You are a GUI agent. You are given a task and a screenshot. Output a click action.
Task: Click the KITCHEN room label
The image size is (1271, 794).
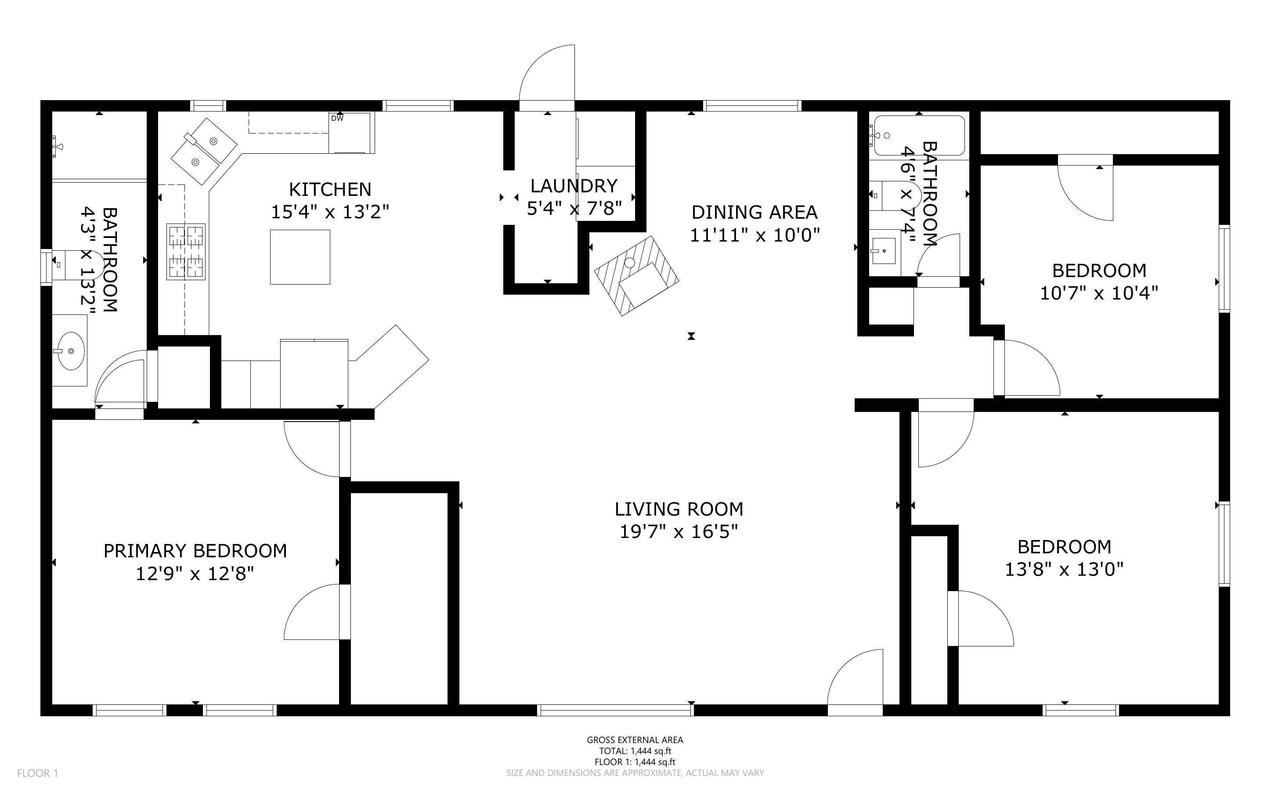[330, 189]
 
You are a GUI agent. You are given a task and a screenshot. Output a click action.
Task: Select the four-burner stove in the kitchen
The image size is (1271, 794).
[186, 252]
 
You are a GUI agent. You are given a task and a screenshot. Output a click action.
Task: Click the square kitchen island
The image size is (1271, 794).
[300, 257]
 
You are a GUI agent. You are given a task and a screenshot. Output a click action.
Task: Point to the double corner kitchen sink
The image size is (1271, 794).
[204, 151]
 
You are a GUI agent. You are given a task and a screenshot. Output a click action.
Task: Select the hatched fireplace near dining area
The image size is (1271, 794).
[636, 275]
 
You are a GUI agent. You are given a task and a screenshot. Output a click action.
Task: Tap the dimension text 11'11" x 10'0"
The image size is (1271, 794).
[755, 235]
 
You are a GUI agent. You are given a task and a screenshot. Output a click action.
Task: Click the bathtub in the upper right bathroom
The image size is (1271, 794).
[919, 136]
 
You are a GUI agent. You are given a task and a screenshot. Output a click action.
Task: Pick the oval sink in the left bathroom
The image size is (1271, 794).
[69, 350]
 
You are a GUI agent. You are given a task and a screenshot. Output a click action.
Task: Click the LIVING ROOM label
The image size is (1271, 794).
[679, 509]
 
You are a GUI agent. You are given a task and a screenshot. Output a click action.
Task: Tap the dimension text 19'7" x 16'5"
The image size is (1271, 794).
[679, 532]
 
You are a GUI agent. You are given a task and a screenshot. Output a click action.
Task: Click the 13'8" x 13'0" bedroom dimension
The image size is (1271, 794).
[1064, 569]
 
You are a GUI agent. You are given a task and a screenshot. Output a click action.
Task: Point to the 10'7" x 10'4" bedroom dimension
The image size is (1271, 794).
[1099, 293]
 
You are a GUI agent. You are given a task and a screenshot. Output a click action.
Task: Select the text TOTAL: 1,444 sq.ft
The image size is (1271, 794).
[635, 751]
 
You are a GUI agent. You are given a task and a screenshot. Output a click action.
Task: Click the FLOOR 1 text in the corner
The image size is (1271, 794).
[37, 773]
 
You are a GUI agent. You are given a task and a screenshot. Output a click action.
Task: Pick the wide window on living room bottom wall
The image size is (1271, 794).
[615, 710]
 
